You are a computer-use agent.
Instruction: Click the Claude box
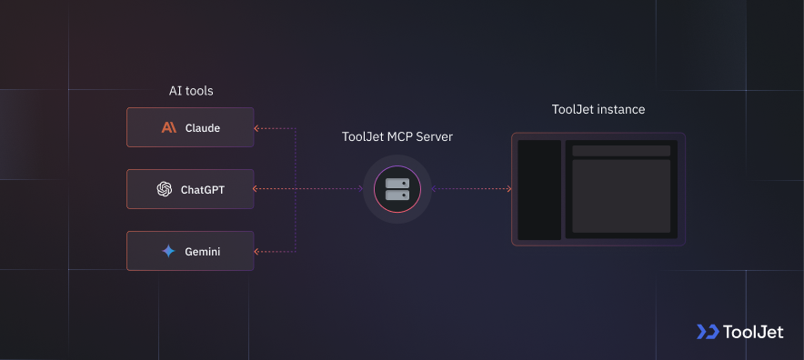190,128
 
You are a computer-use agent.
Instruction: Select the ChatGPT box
190,189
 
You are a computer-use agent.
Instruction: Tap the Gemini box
190,251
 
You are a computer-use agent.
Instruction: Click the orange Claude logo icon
169,128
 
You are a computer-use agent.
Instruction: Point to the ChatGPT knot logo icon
164,190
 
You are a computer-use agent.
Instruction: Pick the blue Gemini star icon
168,251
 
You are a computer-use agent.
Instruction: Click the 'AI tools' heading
191,91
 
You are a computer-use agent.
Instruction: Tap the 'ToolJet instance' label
598,109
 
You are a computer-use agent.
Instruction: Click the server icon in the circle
397,189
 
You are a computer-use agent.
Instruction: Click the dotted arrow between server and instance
471,189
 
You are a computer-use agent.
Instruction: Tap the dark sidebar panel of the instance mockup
539,190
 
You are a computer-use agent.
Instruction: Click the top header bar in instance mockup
621,150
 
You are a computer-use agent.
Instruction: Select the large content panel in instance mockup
621,195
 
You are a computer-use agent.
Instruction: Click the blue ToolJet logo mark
707,332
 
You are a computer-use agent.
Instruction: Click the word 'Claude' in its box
202,128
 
